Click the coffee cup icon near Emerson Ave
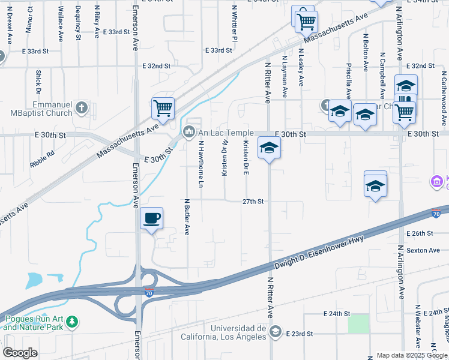coord(152,218)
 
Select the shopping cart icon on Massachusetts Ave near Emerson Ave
coord(163,109)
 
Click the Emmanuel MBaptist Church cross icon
coord(82,108)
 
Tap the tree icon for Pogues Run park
coord(72,323)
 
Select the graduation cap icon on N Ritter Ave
coord(269,148)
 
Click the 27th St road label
coord(253,202)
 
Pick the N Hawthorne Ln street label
coord(202,163)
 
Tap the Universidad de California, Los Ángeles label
coord(238,332)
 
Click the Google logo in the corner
coord(20,353)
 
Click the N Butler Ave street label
coord(187,217)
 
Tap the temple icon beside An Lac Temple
coord(189,131)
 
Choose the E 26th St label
coord(420,233)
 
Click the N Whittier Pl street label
coord(236,23)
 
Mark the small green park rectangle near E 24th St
coord(358,324)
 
